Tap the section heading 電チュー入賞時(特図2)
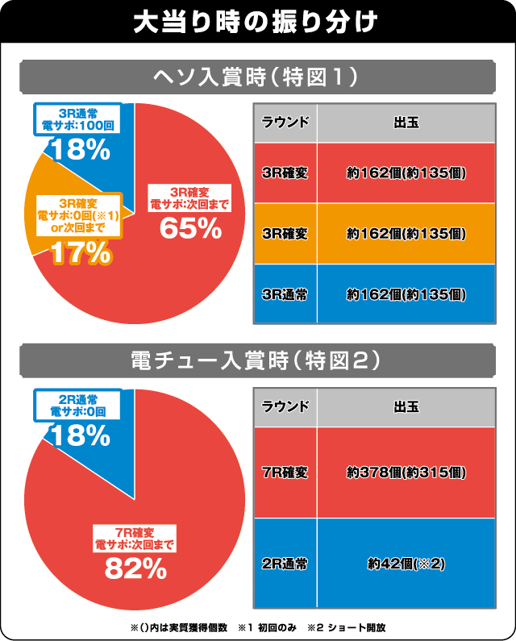257,360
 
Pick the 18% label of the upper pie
78,149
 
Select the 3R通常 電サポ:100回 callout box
78,119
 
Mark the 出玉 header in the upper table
406,123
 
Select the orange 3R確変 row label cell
285,234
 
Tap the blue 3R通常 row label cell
285,294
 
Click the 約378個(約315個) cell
406,472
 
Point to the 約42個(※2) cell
406,563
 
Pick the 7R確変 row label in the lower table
285,472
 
